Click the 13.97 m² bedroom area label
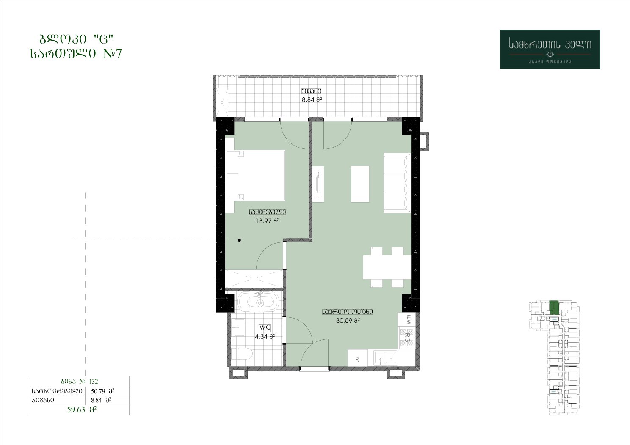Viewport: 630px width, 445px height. pos(267,221)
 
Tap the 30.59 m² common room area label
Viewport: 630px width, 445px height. pos(348,320)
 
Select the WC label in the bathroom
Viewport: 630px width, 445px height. pos(265,327)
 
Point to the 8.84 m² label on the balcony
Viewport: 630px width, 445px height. pos(312,99)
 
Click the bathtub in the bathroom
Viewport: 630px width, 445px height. pos(258,302)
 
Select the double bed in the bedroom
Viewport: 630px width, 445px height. pos(255,176)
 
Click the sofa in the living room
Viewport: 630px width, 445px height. pos(397,183)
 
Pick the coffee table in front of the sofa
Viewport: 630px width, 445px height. pos(360,184)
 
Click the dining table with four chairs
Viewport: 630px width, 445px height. pos(387,267)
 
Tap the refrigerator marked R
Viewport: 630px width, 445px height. pos(357,357)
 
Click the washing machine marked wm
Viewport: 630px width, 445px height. pos(407,319)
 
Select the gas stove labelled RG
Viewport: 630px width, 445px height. pos(407,337)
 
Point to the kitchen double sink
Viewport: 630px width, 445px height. pos(386,358)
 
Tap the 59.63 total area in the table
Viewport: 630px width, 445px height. pos(76,409)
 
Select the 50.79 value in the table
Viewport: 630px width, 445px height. pos(98,391)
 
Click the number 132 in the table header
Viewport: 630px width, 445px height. pos(94,381)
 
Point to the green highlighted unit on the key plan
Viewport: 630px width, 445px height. pos(554,308)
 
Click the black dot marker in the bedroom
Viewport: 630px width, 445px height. pos(239,240)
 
